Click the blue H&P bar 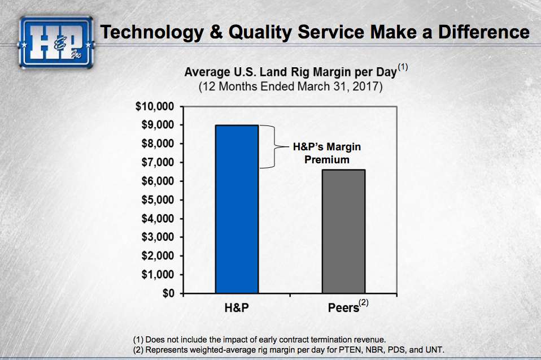[x=237, y=209]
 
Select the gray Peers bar [x=343, y=231]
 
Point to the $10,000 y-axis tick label [x=156, y=106]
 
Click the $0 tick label [x=167, y=293]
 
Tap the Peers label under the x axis [x=343, y=309]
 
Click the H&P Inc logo [x=56, y=40]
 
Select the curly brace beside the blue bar [x=269, y=147]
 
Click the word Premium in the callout [x=327, y=160]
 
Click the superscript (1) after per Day [x=402, y=67]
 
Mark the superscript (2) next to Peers [x=364, y=303]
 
